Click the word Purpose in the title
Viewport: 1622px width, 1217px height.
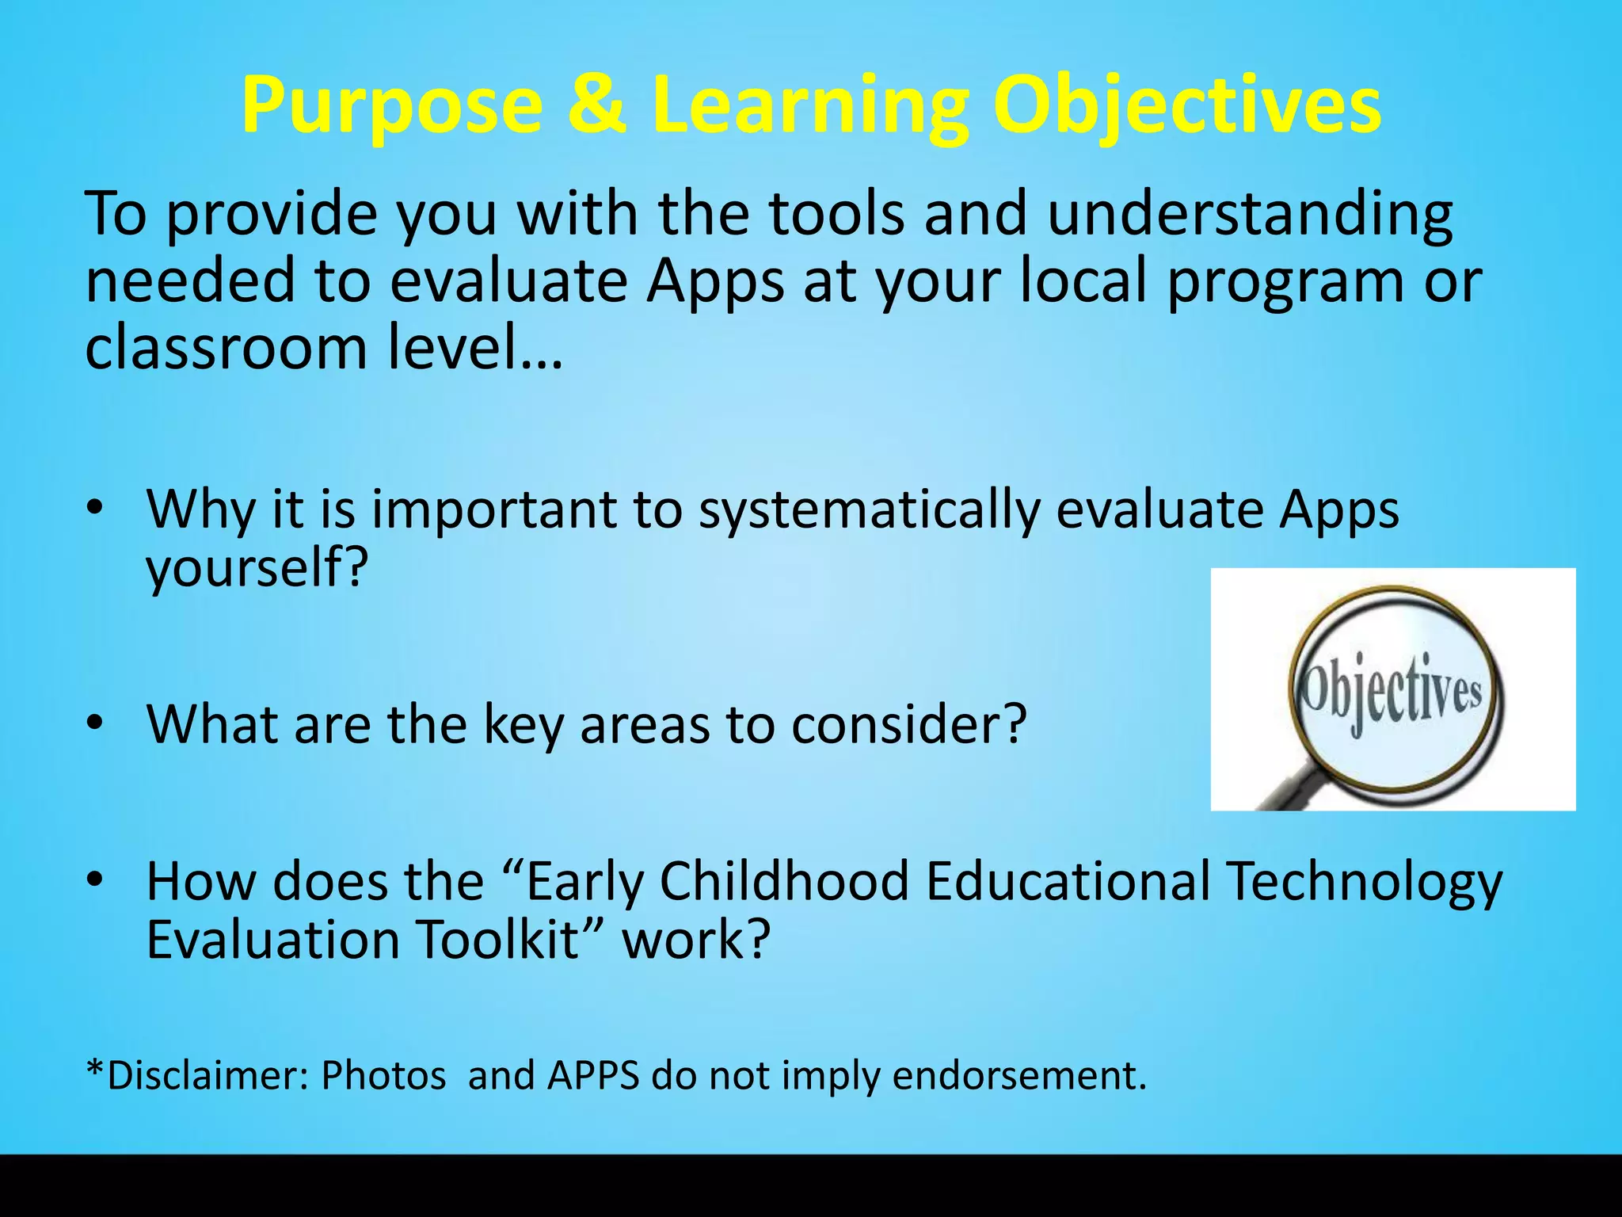[x=391, y=106]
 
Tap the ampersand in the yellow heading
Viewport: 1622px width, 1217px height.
[x=596, y=105]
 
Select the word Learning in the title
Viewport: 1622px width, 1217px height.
[x=809, y=106]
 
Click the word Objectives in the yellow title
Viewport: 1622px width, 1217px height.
[x=1186, y=106]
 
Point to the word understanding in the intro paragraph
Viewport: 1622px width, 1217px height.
[x=1249, y=214]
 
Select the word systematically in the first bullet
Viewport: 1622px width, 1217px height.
[x=869, y=509]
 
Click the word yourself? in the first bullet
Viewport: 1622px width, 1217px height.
[x=257, y=567]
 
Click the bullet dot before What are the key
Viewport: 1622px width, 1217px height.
[x=95, y=723]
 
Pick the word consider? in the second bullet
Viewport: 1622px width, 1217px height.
[x=908, y=724]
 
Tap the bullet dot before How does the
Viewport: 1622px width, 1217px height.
[x=95, y=879]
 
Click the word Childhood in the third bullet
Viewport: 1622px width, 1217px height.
[x=783, y=881]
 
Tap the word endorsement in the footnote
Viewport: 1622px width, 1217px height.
[x=1018, y=1076]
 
